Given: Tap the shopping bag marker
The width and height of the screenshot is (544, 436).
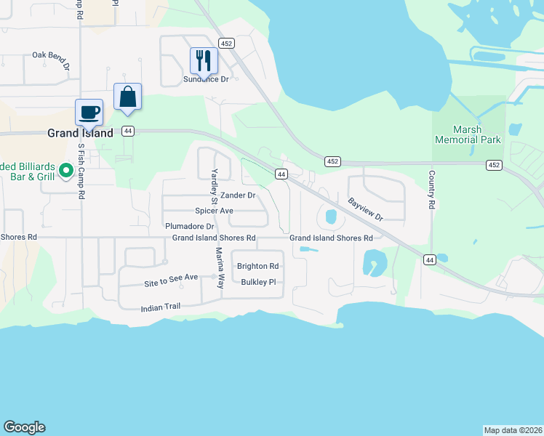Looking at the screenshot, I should point(127,97).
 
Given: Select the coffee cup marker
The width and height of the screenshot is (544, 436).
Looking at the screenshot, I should point(89,113).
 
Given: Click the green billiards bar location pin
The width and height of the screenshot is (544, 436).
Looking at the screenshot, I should point(65,171).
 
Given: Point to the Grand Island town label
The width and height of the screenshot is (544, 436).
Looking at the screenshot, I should point(80,133).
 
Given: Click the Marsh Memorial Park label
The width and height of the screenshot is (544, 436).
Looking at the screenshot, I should point(468,134).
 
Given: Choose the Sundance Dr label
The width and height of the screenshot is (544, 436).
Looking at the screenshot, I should point(206,79).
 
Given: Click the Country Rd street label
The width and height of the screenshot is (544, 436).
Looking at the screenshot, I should point(431,190).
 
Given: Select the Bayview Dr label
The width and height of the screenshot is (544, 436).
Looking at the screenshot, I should point(364,209).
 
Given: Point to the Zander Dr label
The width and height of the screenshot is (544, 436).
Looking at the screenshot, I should point(238,195).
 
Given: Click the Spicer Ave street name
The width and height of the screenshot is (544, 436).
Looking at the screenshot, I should point(214,211).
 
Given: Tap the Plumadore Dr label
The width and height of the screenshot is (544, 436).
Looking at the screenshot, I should point(189,226).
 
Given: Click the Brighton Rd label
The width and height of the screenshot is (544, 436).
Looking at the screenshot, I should point(257,266).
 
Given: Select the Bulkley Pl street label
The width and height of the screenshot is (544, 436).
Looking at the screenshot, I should point(258,282).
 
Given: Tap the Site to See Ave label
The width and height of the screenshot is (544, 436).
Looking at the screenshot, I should point(171,278).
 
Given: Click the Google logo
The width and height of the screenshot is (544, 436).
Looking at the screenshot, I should point(24,427).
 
